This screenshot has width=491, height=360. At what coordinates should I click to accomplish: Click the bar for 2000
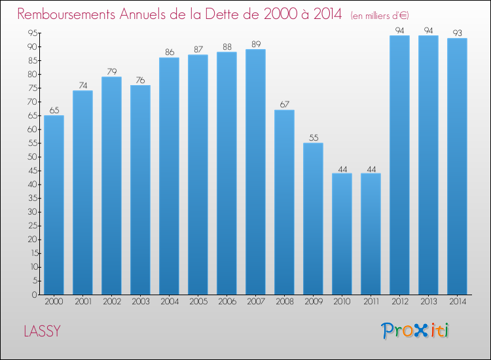click(54, 205)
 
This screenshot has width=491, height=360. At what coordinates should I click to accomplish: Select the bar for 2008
click(284, 202)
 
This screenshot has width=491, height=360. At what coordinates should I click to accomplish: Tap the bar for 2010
click(342, 234)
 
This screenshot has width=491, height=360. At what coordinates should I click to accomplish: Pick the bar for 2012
click(399, 165)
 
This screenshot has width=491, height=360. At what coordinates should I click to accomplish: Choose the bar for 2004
click(169, 176)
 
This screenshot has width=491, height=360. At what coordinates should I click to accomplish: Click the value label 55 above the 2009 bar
click(313, 137)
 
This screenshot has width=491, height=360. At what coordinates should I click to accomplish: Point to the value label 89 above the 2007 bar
click(255, 44)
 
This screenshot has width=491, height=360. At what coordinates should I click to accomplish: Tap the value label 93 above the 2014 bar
click(457, 33)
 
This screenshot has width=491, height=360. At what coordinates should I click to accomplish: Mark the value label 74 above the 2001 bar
click(82, 85)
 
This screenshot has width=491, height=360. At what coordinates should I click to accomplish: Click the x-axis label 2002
click(111, 302)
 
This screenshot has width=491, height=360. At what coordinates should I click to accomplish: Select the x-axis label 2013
click(428, 302)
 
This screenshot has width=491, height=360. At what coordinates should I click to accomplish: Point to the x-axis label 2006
click(227, 302)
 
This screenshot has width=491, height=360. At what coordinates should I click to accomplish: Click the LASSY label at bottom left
click(42, 331)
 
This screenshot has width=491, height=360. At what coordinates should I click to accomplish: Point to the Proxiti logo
click(414, 331)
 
